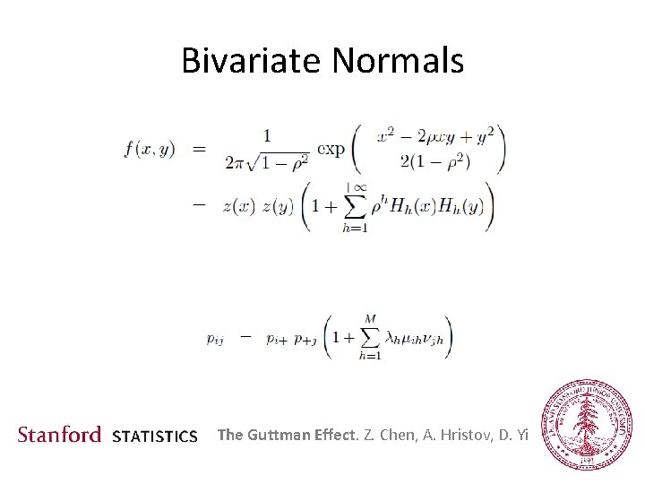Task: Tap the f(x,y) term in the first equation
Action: [x=150, y=150]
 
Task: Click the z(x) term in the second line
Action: [x=238, y=205]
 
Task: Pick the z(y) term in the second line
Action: [x=277, y=205]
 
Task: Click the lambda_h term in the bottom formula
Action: [x=391, y=338]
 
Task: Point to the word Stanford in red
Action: [x=60, y=436]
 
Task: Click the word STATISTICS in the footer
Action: [x=155, y=437]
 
